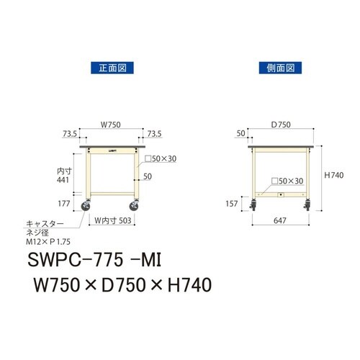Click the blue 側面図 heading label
pos(278,68)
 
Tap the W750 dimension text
pos(109,125)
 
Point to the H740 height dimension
pos(334,174)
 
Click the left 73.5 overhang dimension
pos(71,134)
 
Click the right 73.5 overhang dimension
pos(154,134)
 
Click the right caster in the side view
pos(309,209)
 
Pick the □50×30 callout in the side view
pos(288,181)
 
